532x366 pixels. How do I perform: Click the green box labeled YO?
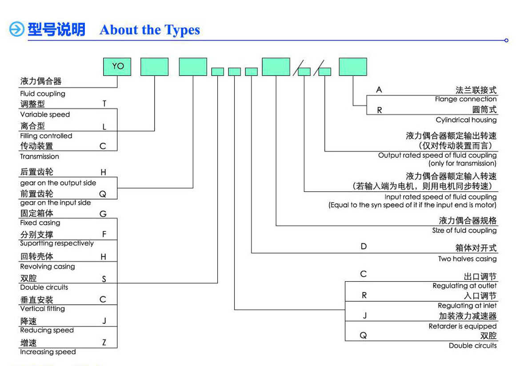pos(117,67)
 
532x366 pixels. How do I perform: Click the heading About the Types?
pos(150,30)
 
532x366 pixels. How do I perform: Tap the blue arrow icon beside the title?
pos(17,30)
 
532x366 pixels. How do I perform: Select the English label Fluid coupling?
pos(43,94)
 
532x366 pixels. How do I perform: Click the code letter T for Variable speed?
pos(104,103)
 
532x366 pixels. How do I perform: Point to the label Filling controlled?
pos(46,136)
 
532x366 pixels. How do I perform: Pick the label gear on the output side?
pos(58,183)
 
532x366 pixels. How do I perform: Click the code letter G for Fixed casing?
pos(103,214)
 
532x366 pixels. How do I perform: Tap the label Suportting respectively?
pos(57,243)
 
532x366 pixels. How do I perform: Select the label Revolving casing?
pos(48,267)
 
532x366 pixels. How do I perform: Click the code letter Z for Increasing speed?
pos(104,342)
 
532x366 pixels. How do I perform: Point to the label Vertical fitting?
pos(43,309)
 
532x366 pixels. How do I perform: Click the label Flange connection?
pos(465,99)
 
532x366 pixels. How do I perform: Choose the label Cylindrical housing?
pos(466,120)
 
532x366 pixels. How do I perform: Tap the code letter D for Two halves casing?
pos(364,246)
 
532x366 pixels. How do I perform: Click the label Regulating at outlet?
pos(464,286)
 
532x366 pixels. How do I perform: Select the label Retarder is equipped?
pos(462,326)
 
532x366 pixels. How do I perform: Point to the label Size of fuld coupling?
pos(464,231)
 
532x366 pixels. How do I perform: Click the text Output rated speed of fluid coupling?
pos(437,155)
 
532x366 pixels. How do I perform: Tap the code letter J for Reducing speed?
pos(104,321)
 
